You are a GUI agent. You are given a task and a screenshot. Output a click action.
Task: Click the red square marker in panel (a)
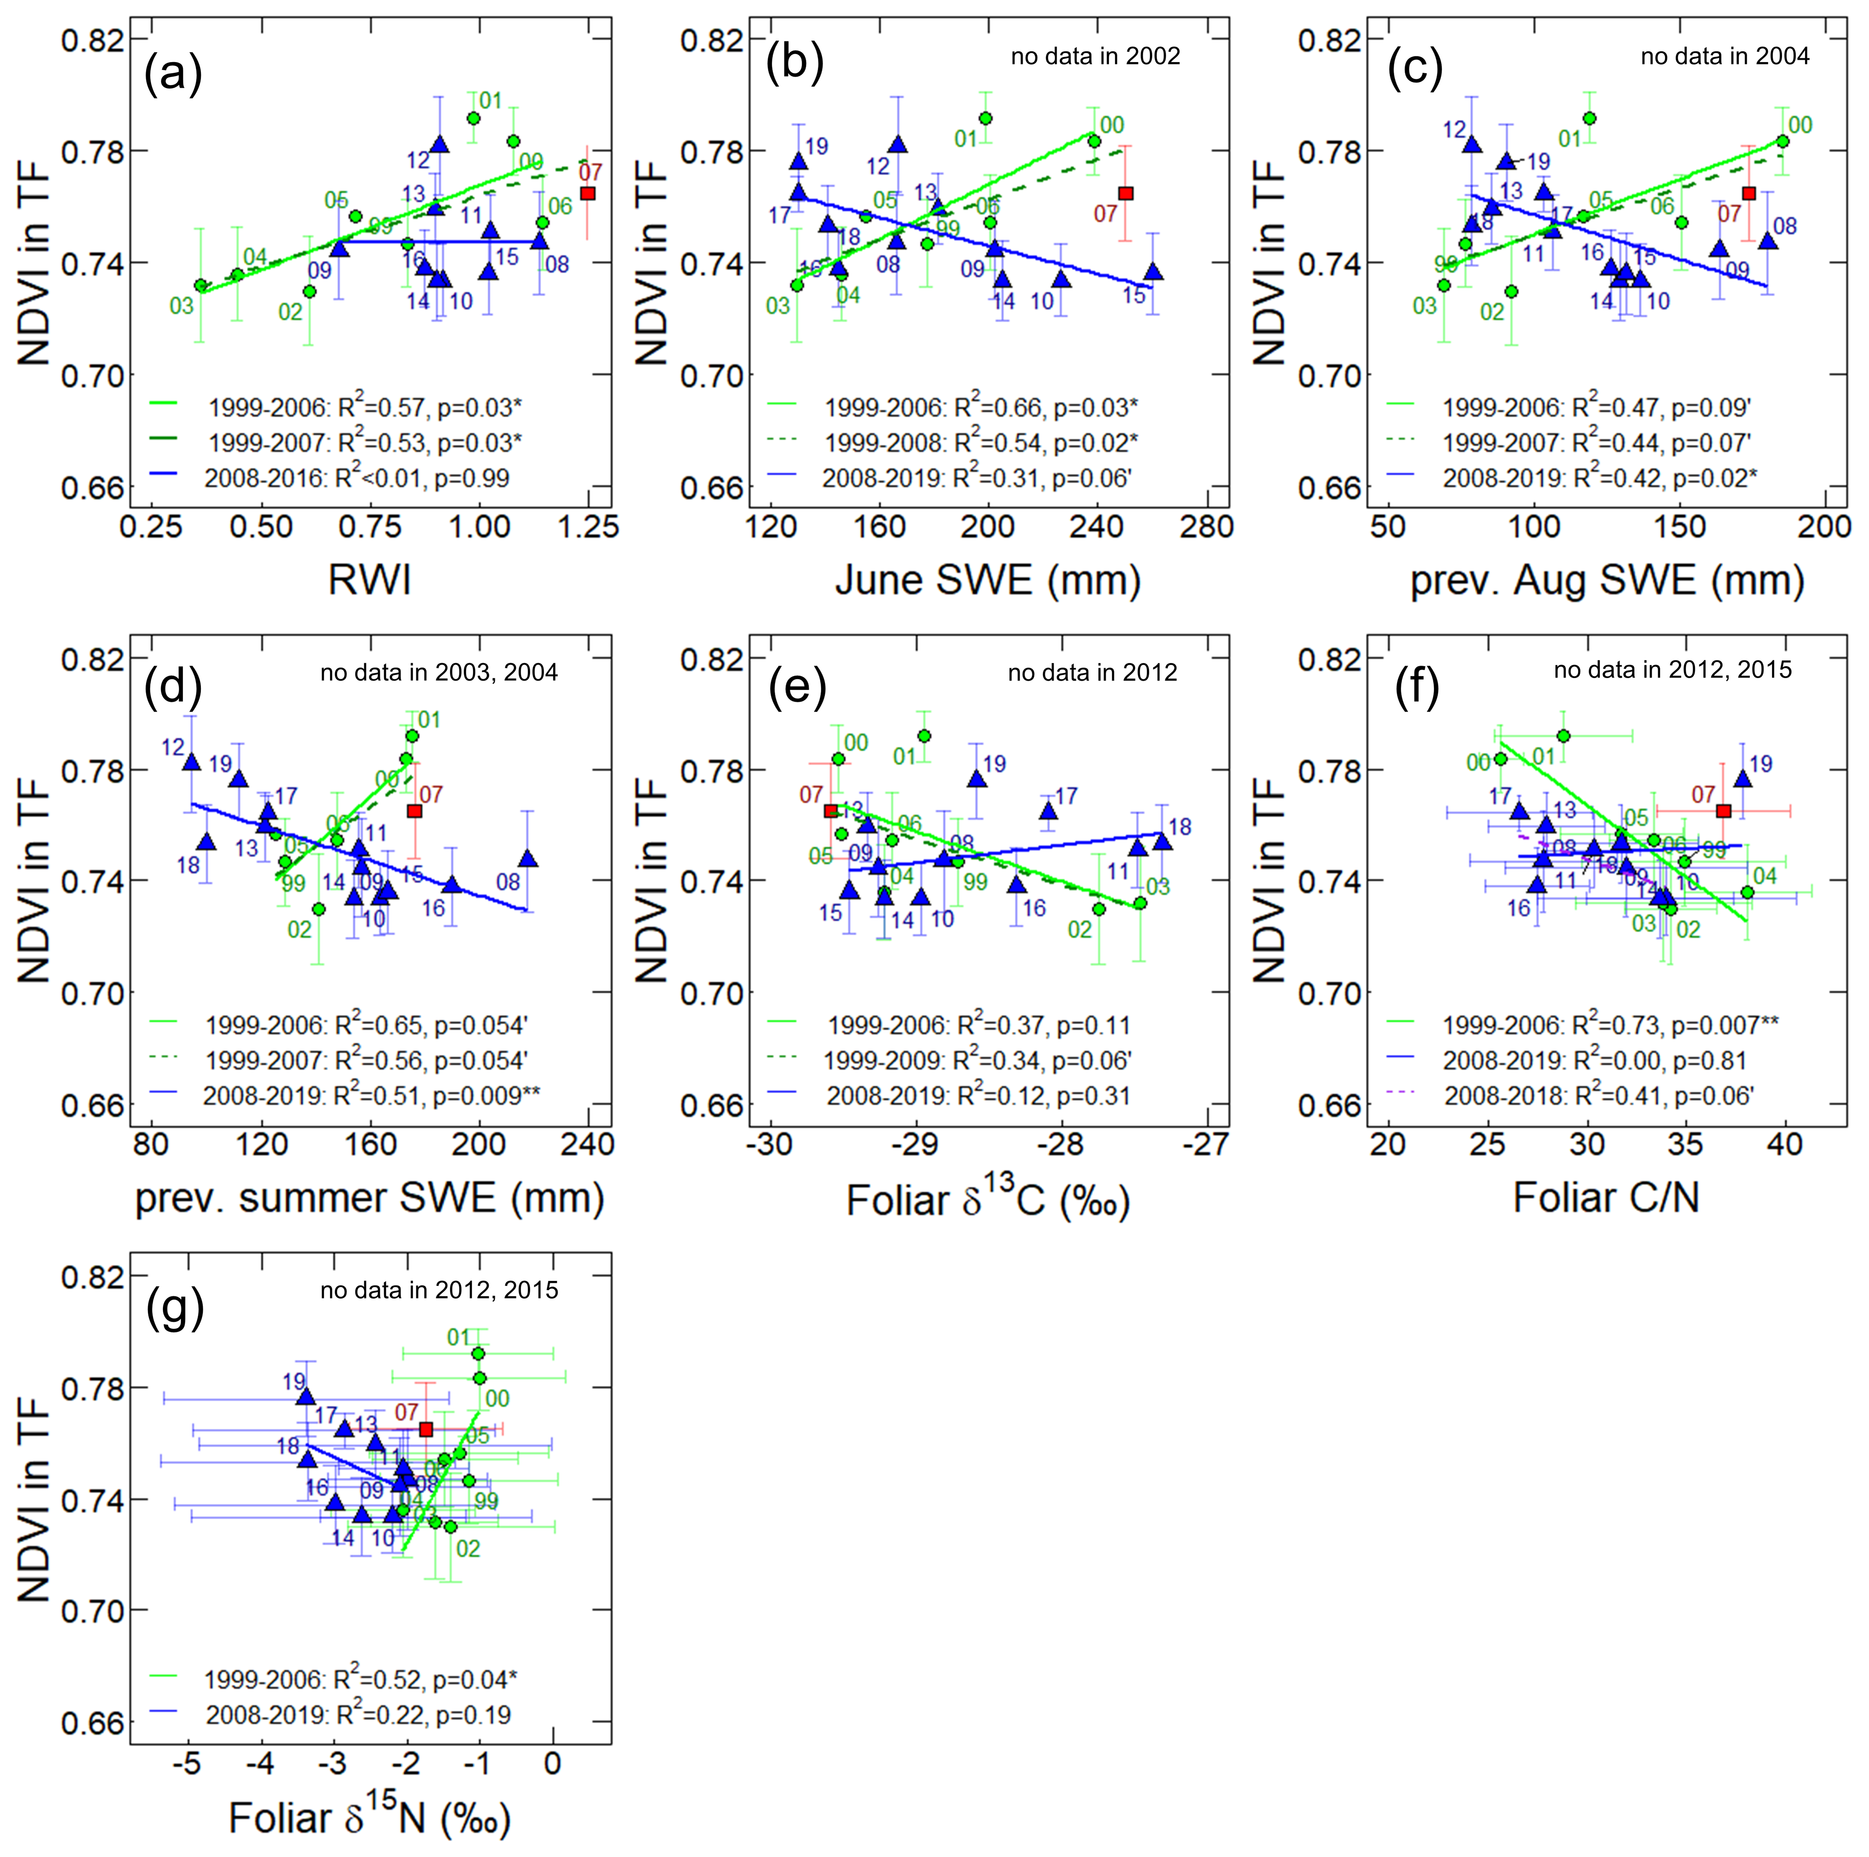click(x=587, y=194)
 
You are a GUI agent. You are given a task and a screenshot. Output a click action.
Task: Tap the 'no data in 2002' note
click(x=1095, y=56)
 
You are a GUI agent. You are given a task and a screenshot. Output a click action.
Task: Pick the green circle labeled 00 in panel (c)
click(x=1782, y=141)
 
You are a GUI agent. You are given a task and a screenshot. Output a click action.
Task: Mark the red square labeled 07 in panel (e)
click(x=830, y=810)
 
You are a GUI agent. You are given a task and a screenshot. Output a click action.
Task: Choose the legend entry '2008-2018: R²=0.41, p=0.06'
click(x=1598, y=1096)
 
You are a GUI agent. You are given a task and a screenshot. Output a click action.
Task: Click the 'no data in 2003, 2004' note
click(x=439, y=672)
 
